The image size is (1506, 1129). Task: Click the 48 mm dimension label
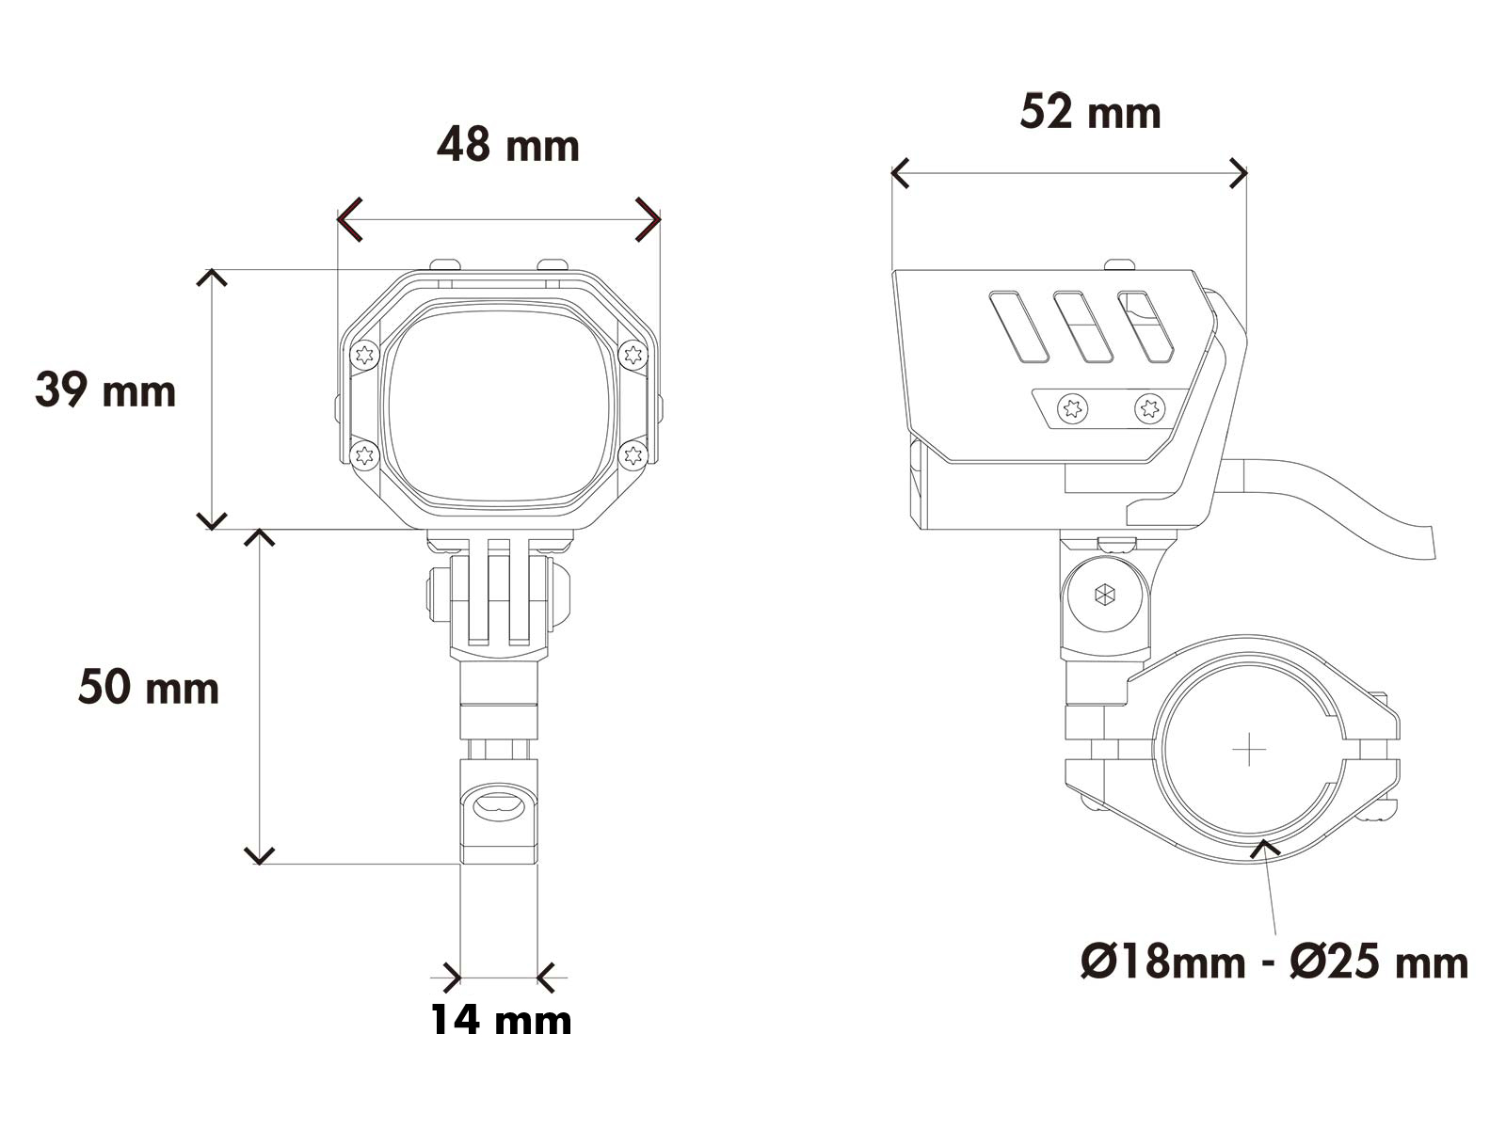[508, 146]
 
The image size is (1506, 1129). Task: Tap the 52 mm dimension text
[1090, 113]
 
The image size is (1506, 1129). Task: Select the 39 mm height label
[105, 390]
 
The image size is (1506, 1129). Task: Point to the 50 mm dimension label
[148, 688]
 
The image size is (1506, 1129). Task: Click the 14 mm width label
[501, 1020]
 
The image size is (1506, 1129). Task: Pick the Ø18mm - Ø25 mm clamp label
[1274, 962]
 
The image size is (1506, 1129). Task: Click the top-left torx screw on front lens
[364, 355]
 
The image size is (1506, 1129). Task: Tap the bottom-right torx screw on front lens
[633, 456]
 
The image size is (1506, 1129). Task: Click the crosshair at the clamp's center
[1249, 749]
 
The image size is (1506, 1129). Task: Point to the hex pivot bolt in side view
[1104, 595]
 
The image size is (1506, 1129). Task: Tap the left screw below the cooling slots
[1073, 408]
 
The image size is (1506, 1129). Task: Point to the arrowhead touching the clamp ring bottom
[1266, 848]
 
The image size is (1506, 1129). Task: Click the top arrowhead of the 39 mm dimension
[212, 275]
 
